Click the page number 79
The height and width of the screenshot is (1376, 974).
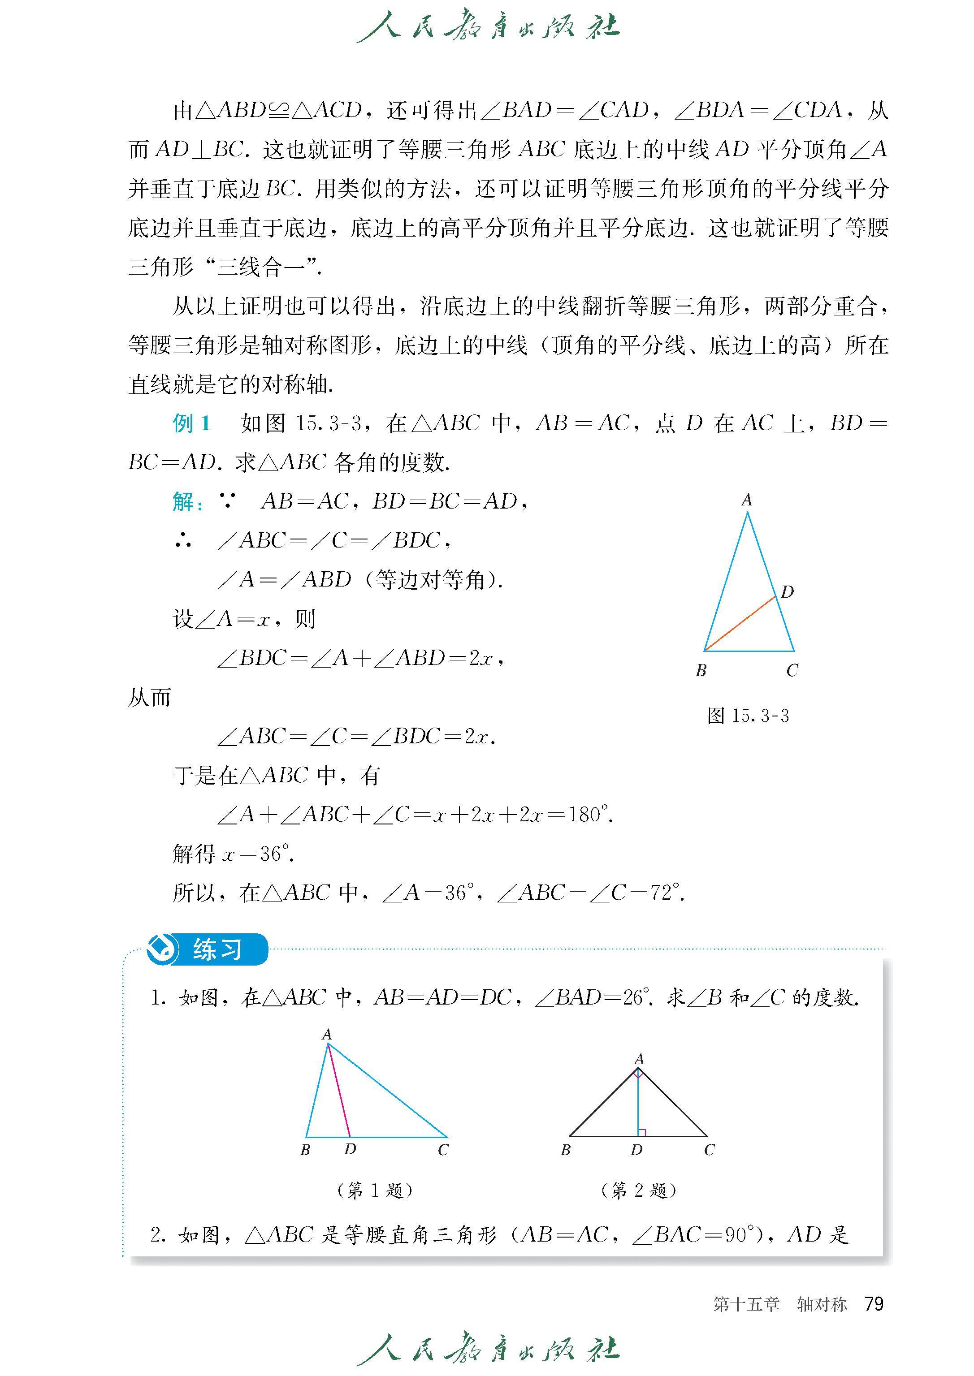[x=874, y=1303]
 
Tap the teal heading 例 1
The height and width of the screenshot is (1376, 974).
[x=191, y=423]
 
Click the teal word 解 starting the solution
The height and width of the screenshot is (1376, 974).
[x=183, y=502]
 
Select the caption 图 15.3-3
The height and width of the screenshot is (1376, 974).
[x=748, y=715]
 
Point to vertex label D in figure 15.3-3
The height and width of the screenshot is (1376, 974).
[x=787, y=592]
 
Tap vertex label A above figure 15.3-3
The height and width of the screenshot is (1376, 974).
[x=747, y=500]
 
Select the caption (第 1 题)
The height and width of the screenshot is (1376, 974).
[x=376, y=1190]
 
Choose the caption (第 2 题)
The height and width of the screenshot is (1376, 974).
[x=639, y=1190]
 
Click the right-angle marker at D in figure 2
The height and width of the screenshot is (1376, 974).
[x=642, y=1133]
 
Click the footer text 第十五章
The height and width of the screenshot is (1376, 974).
[x=746, y=1304]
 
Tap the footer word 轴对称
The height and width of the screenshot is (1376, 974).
[x=822, y=1304]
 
